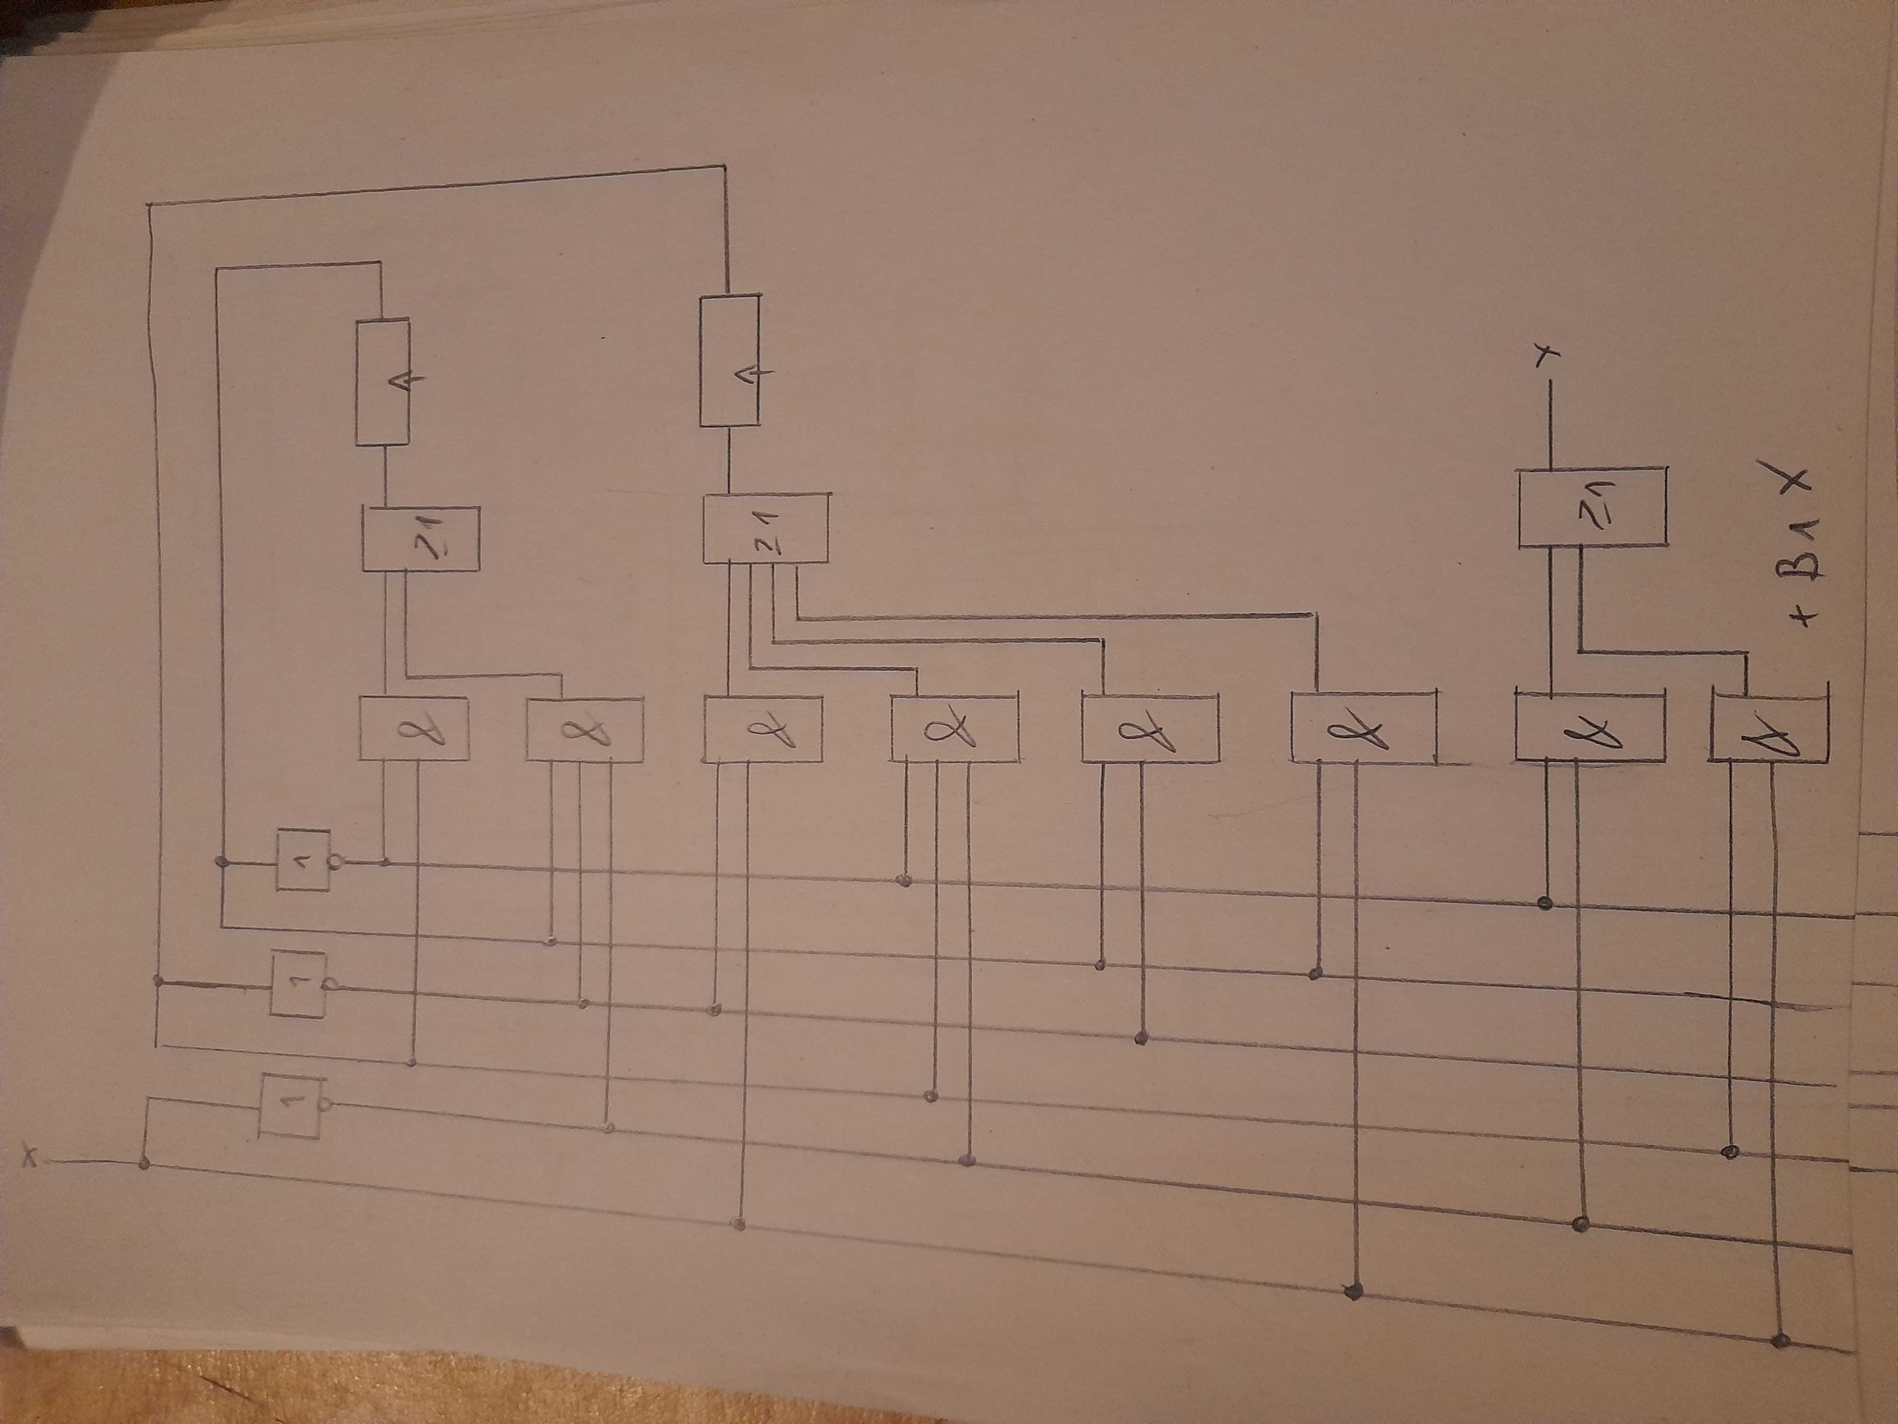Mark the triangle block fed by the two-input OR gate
(383, 382)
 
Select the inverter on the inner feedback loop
(303, 860)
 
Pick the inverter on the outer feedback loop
(298, 983)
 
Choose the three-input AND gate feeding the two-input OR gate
(584, 729)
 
